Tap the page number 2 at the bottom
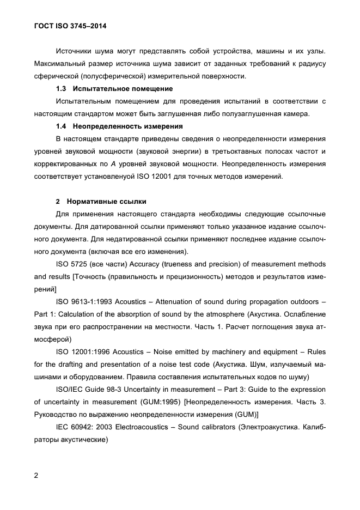click(x=36, y=475)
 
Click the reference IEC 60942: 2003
click(x=83, y=428)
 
